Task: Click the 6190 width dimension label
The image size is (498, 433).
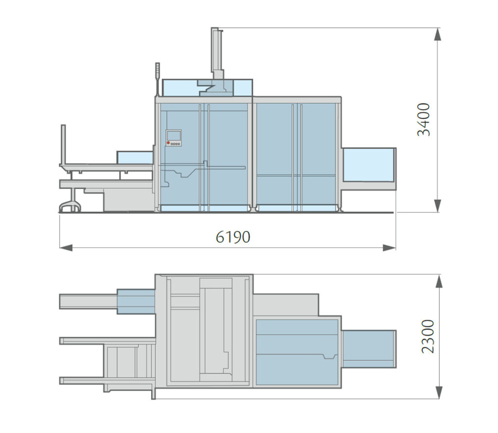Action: (233, 237)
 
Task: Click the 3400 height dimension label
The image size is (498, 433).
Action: (424, 119)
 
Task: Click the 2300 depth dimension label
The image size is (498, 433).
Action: (427, 336)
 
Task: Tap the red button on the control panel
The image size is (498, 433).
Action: (168, 143)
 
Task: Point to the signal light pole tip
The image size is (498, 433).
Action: (157, 65)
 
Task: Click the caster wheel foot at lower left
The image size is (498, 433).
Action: (69, 207)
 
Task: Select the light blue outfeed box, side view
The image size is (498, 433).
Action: (368, 164)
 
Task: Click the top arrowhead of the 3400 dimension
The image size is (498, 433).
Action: (438, 34)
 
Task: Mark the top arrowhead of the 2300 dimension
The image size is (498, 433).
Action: (439, 281)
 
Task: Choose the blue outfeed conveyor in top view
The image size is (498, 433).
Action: (368, 349)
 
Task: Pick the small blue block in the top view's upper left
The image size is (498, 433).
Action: (136, 301)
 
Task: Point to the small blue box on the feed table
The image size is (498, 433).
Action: (135, 157)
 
